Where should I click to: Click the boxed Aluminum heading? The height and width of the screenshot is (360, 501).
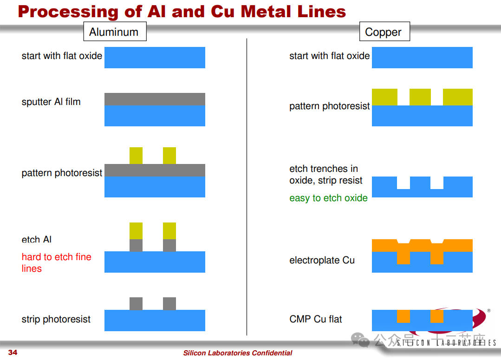tap(114, 32)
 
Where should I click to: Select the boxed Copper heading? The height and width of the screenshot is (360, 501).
tap(383, 32)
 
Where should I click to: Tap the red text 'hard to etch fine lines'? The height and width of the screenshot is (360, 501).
tap(56, 262)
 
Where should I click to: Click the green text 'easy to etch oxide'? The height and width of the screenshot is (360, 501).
tap(328, 198)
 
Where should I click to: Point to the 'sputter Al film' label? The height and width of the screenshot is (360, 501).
tap(51, 102)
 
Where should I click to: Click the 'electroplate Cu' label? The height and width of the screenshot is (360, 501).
tap(322, 260)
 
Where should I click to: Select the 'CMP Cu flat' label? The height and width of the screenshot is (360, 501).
tap(315, 319)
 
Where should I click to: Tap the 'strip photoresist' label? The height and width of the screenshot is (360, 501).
tap(56, 319)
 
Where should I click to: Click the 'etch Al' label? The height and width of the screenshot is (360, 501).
tap(36, 240)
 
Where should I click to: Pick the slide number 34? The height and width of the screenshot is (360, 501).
tap(13, 353)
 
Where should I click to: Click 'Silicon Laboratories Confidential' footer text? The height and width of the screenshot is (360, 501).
tap(238, 353)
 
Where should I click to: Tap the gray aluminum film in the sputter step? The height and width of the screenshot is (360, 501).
tap(155, 99)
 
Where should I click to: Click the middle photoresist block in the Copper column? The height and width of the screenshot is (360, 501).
tap(420, 97)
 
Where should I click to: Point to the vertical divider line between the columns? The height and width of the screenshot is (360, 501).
tap(247, 186)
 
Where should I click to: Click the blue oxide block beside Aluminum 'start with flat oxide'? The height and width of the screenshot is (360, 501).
tap(155, 58)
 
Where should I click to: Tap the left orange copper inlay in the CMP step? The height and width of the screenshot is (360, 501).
tap(403, 316)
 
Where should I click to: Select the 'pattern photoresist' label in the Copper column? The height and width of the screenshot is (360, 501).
tap(329, 106)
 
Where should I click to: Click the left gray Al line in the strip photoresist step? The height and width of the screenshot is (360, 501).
tap(136, 303)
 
